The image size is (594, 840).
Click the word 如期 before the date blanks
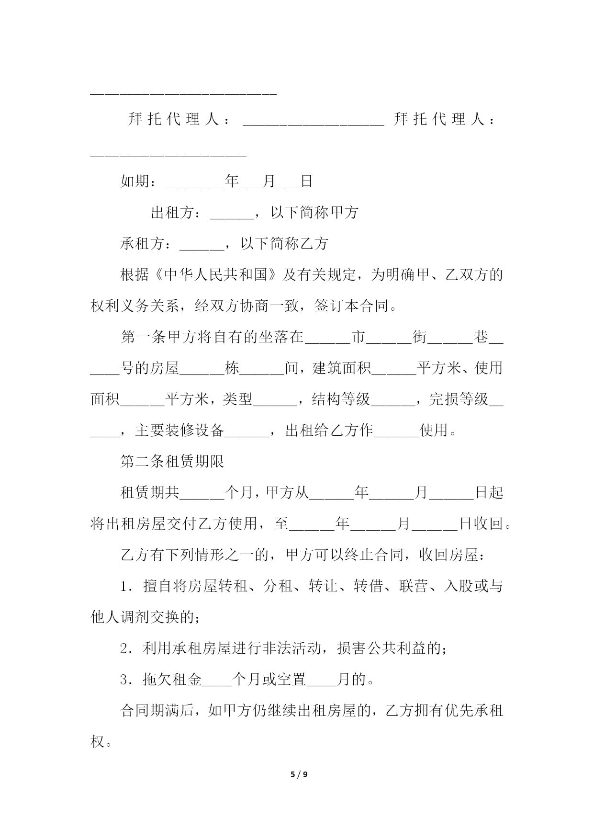(x=134, y=182)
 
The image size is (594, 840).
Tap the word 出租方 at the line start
(x=172, y=213)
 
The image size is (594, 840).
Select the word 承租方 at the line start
(x=142, y=244)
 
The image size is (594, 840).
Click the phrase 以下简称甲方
(x=314, y=213)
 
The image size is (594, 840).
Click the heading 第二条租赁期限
(x=172, y=462)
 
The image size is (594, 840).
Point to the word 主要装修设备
(x=179, y=431)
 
